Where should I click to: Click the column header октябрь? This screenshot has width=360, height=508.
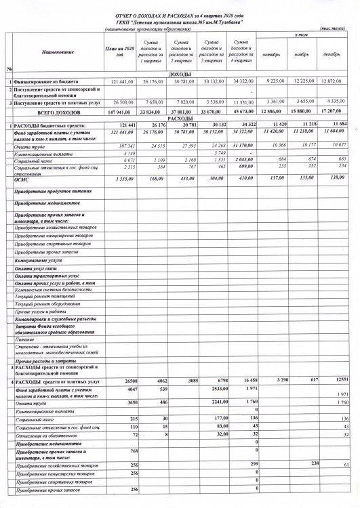point(271,54)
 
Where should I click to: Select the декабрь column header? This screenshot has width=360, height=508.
point(332,54)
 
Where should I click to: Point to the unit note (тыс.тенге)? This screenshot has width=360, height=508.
point(333,29)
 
